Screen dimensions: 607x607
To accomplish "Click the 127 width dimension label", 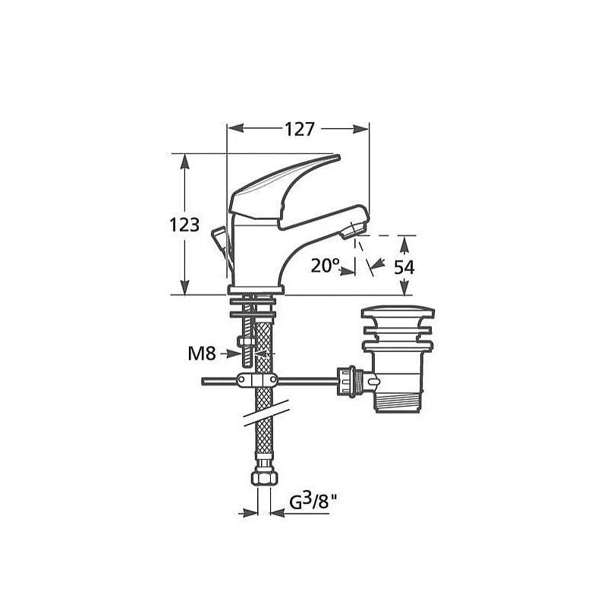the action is (300, 129).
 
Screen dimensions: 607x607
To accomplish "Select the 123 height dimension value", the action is (184, 225).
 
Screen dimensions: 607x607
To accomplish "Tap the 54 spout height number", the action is (404, 267).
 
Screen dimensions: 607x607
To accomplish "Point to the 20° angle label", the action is (326, 266).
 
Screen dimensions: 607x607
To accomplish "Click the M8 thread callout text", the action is (202, 354).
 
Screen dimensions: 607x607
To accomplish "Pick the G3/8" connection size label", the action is (313, 502).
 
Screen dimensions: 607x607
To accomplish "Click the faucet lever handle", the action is (285, 190).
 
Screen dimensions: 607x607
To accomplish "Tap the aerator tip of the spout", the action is (351, 231).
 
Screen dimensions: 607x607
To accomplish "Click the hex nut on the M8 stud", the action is (245, 342).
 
